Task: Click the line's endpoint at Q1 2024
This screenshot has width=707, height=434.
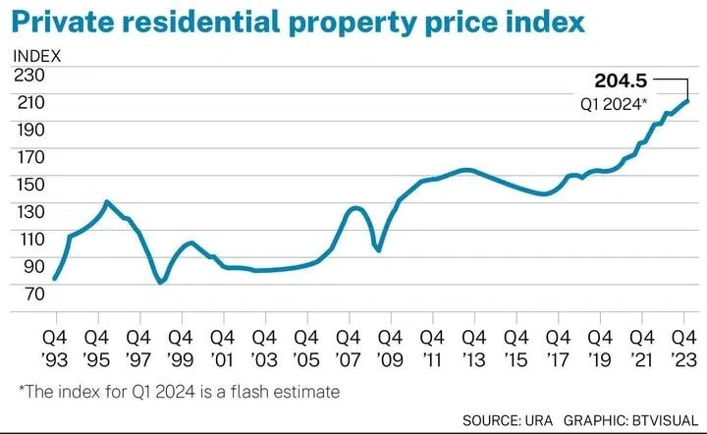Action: [x=688, y=100]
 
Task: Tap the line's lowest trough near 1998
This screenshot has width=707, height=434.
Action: [x=160, y=283]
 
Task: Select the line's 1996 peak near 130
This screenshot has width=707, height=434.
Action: [x=107, y=202]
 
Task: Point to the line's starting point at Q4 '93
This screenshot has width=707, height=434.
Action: [x=54, y=279]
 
